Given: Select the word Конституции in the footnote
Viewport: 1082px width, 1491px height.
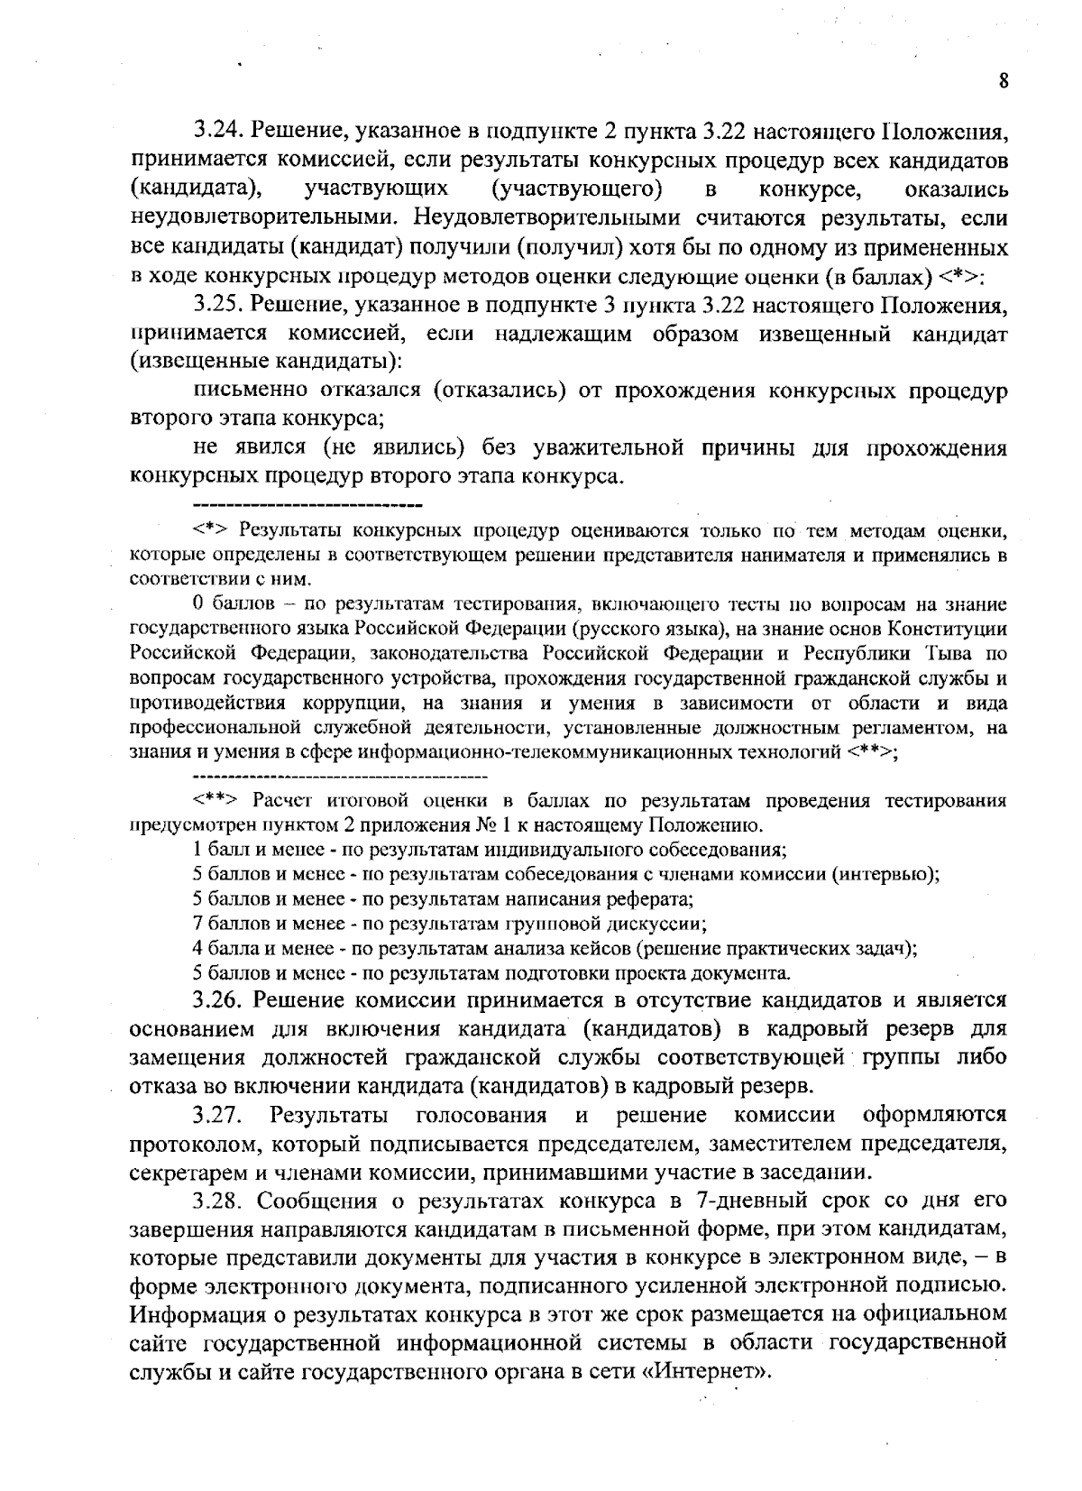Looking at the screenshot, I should point(950,628).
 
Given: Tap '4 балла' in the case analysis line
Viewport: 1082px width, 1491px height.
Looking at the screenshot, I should point(222,948).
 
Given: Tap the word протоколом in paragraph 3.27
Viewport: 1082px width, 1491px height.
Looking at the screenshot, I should point(190,1145).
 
